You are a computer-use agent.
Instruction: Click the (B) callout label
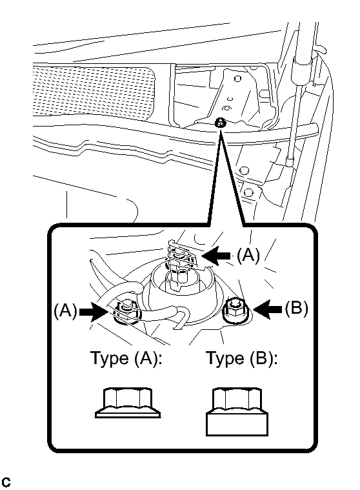point(296,307)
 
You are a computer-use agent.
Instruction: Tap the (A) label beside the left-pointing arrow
point(248,255)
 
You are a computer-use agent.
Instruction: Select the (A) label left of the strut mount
point(65,311)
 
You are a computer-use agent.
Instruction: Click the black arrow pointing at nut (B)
point(268,310)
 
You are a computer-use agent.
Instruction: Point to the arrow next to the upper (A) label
point(217,256)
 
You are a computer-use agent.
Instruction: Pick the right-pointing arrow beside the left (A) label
point(94,312)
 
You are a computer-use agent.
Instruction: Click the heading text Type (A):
point(126,358)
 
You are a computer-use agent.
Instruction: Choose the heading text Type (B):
point(242,358)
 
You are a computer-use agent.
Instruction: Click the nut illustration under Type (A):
point(128,403)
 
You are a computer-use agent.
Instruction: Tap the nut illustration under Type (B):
point(237,412)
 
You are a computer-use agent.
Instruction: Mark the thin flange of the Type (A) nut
point(128,415)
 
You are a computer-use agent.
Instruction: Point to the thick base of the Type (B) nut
point(237,424)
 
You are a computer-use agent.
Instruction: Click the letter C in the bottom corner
point(6,482)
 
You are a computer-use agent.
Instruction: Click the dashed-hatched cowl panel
point(94,90)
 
